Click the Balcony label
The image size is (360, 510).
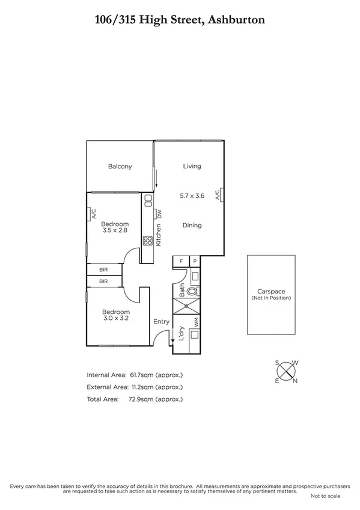point(120,167)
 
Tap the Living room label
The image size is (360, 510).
point(192,167)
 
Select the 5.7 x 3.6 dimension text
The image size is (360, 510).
point(192,195)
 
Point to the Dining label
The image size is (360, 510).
point(192,226)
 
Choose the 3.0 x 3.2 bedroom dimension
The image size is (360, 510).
point(116,318)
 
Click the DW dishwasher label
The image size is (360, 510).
point(160,214)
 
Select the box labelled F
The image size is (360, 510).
point(182,261)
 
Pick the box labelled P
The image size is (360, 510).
point(195,261)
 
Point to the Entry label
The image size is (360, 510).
point(161,322)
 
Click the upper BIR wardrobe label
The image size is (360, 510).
point(103,270)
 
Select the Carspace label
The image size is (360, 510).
point(271,292)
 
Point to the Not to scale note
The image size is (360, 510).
point(325,496)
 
